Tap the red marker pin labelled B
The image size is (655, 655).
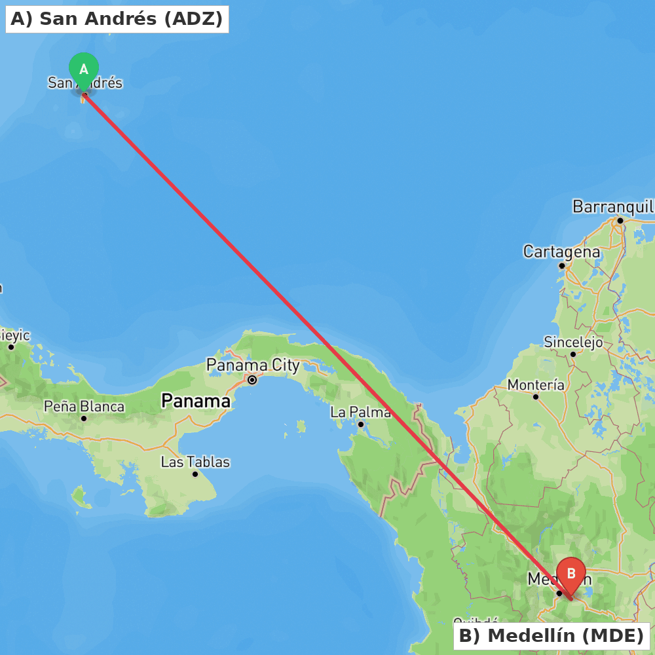click(571, 574)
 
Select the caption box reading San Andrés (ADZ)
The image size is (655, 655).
click(117, 19)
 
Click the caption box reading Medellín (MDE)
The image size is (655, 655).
click(551, 635)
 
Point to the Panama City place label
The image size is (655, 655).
click(253, 365)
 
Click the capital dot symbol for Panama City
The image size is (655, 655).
click(252, 379)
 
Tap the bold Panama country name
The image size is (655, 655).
click(196, 400)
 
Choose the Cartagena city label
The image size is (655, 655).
click(561, 252)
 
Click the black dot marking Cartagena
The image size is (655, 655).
click(561, 265)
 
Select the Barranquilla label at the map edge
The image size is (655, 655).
click(613, 207)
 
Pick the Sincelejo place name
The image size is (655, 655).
click(573, 342)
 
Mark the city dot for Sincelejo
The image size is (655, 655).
click(572, 354)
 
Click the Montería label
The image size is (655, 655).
click(536, 384)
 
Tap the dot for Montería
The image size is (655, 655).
click(536, 397)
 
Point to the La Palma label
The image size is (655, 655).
click(360, 412)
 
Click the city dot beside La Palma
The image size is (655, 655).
click(360, 424)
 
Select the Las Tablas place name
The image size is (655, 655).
click(195, 462)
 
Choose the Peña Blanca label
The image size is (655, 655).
click(84, 406)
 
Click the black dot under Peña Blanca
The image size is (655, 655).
click(84, 419)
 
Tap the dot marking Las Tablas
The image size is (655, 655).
click(195, 474)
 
